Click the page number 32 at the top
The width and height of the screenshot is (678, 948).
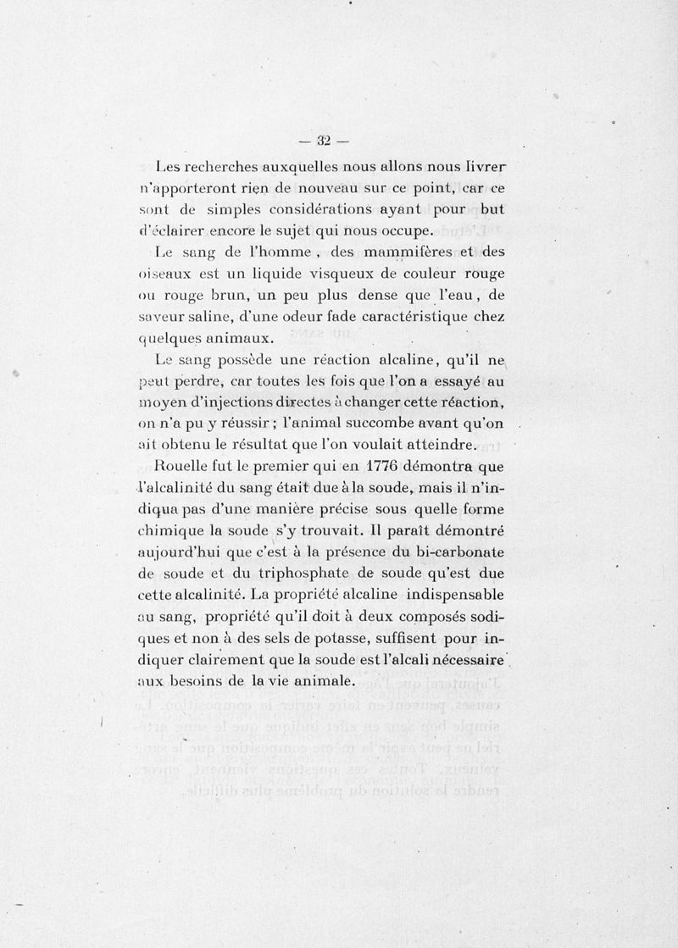322,141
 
